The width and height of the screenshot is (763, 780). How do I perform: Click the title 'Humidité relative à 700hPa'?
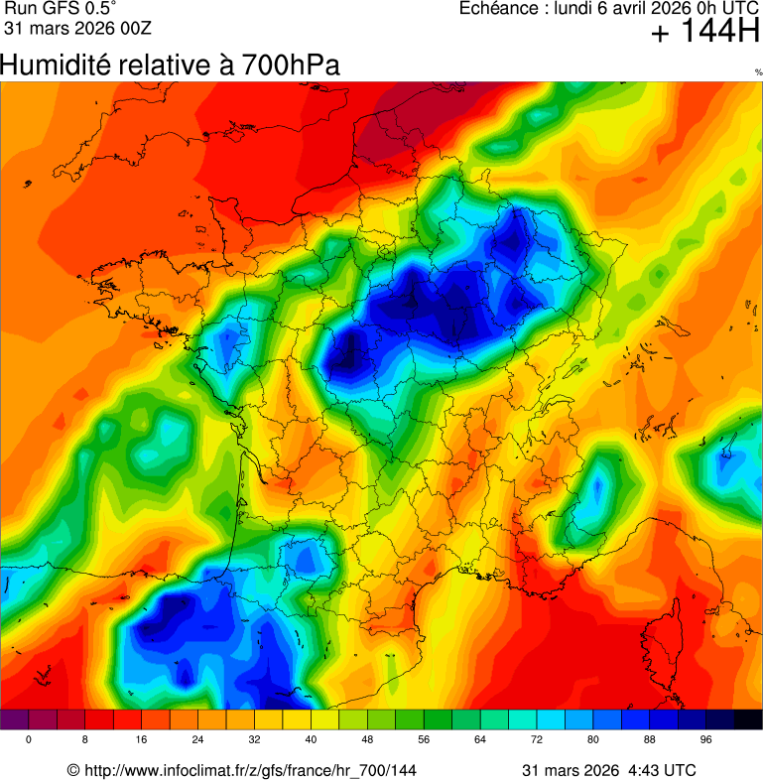170,65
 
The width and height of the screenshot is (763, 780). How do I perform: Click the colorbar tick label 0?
29,740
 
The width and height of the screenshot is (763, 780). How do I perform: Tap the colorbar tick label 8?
85,740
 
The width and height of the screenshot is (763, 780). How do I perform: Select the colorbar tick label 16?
142,740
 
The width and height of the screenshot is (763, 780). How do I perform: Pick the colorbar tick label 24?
198,740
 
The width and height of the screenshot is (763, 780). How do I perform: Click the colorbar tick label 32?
255,740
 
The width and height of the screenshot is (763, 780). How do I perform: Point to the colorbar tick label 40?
312,740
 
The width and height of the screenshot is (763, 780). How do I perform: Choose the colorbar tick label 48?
368,740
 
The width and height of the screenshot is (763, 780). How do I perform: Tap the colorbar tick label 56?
425,740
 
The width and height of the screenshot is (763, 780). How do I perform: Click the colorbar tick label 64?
481,740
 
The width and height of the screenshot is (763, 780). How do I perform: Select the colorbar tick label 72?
538,740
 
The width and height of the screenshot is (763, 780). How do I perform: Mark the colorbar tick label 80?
593,740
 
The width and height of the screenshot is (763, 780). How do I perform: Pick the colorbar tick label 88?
650,740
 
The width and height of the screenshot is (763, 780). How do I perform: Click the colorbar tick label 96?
706,740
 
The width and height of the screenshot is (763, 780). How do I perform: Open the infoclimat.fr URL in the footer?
248,770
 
